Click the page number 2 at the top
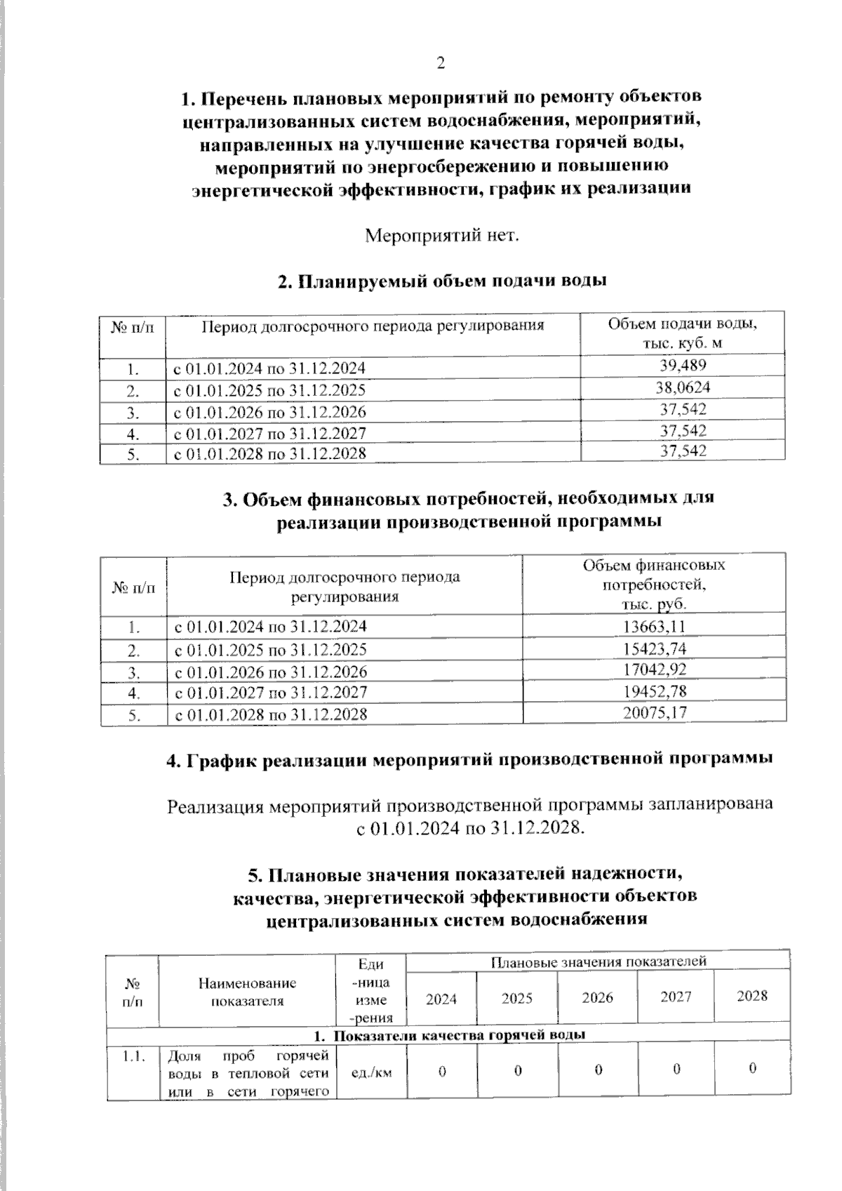441,64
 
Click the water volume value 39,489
683,365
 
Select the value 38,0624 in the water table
683,387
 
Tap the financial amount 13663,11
654,626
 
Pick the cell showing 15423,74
654,648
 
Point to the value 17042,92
654,669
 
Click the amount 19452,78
654,691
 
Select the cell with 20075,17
654,713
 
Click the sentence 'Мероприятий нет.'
442,234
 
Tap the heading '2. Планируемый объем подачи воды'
442,281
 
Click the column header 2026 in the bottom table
597,997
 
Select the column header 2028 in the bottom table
751,995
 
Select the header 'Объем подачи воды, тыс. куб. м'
682,333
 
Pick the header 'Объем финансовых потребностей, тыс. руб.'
654,585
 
